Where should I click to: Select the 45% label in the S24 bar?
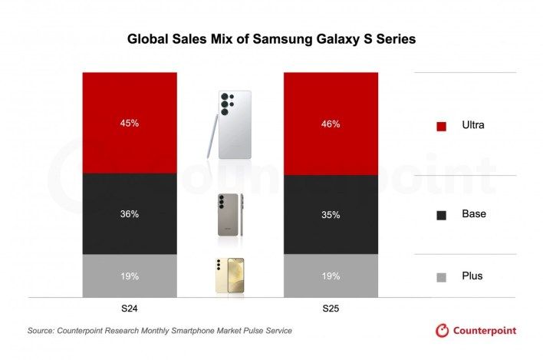tap(129, 123)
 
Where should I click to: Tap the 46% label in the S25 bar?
tap(331, 123)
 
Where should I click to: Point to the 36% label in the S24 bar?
tap(129, 214)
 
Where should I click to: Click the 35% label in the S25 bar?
tap(331, 215)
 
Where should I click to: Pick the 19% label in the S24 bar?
tap(129, 275)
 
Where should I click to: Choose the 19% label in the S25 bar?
tap(331, 275)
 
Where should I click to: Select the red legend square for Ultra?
tap(441, 126)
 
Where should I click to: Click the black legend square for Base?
tap(441, 216)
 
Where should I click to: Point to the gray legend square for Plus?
tap(441, 277)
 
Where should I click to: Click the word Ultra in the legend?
tap(472, 124)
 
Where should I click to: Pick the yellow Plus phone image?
tap(229, 275)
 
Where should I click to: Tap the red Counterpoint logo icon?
tap(442, 331)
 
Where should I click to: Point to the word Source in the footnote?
tap(43, 331)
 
